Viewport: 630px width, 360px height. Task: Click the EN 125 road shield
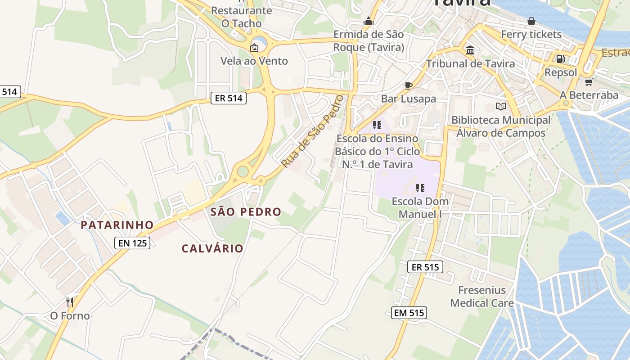pyautogui.click(x=132, y=243)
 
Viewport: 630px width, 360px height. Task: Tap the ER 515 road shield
pyautogui.click(x=425, y=267)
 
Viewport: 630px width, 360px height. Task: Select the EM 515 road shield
pyautogui.click(x=409, y=313)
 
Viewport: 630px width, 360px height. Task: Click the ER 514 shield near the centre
pyautogui.click(x=229, y=98)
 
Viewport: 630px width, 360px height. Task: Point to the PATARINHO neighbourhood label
pyautogui.click(x=117, y=225)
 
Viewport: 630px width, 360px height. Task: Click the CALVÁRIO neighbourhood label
pyautogui.click(x=212, y=248)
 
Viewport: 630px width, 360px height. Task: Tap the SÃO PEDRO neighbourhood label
pyautogui.click(x=246, y=211)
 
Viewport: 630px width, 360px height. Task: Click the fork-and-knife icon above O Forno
pyautogui.click(x=70, y=302)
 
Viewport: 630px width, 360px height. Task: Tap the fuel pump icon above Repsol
pyautogui.click(x=560, y=58)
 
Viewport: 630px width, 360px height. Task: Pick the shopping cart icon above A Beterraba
pyautogui.click(x=589, y=82)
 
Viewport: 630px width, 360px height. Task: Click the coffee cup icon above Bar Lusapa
pyautogui.click(x=408, y=85)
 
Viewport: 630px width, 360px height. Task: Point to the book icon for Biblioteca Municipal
pyautogui.click(x=500, y=107)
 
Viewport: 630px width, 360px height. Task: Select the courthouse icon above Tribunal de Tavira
pyautogui.click(x=470, y=50)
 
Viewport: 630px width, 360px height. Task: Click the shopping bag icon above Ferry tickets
pyautogui.click(x=531, y=21)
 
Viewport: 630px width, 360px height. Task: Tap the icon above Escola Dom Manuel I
pyautogui.click(x=420, y=188)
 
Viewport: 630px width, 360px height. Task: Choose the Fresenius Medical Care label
pyautogui.click(x=482, y=297)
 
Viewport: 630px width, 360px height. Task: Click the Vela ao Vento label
pyautogui.click(x=254, y=61)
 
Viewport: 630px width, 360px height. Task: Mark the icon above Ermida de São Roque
pyautogui.click(x=369, y=21)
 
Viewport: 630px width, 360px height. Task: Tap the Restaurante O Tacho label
pyautogui.click(x=242, y=17)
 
